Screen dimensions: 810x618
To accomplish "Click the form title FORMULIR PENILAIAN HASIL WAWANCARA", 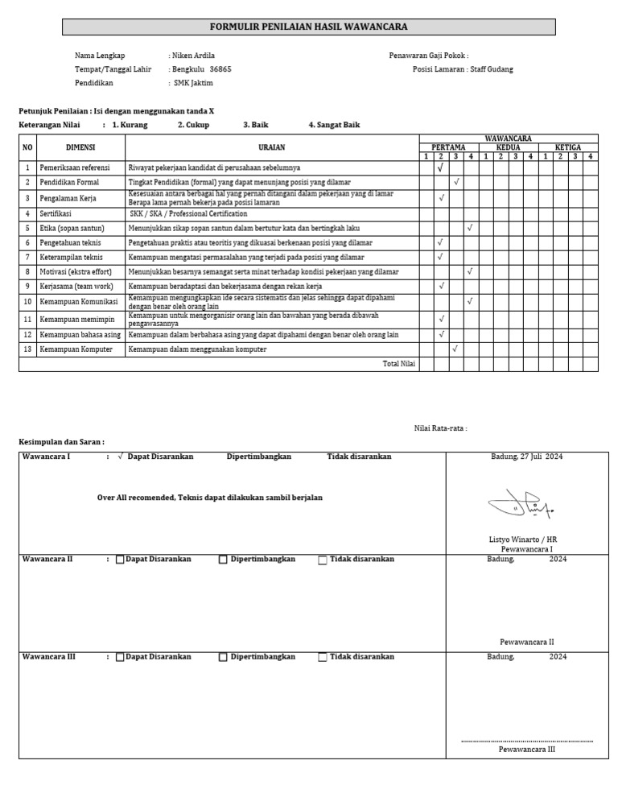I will pos(309,27).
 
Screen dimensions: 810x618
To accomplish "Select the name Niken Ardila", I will pos(193,56).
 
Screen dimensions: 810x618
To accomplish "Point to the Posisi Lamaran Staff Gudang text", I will pos(462,69).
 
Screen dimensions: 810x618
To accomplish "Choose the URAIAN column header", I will pos(271,147).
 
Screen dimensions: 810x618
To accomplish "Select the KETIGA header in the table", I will pos(568,147).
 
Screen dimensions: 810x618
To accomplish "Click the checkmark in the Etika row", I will pos(470,228).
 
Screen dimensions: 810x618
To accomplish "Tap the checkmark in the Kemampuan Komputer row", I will pos(455,349).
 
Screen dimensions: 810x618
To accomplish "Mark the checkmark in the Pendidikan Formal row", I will pos(455,183).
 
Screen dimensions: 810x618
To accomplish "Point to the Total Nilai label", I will pos(398,364).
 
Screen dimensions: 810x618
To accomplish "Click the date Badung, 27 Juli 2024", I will pos(526,457).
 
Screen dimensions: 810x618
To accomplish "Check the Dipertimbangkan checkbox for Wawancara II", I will pos(223,560).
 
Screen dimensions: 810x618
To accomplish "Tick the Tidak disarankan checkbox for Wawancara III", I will pos(323,657).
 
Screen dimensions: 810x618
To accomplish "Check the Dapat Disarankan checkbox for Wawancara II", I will pos(120,560).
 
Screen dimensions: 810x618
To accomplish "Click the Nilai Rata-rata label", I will pos(440,428).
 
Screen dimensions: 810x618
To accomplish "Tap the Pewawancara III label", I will pos(526,749).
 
